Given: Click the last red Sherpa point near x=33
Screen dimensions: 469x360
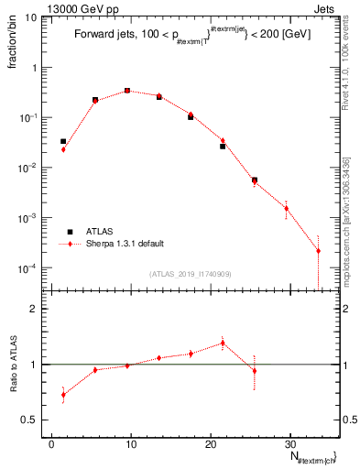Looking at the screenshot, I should [x=318, y=251].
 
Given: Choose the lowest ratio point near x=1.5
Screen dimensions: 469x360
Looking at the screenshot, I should [x=63, y=395].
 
